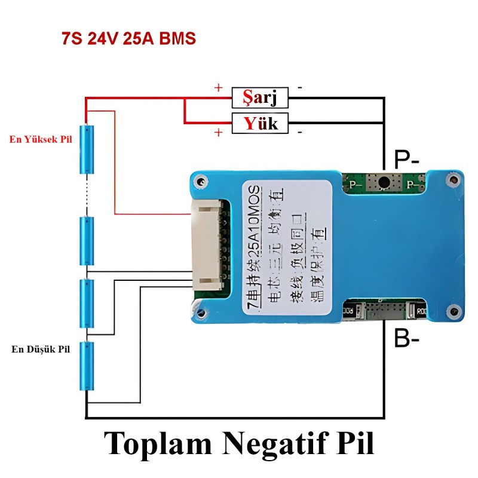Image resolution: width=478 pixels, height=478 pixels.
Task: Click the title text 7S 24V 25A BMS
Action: tap(128, 39)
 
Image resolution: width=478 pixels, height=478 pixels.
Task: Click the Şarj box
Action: tap(260, 96)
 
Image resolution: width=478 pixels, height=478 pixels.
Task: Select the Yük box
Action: tap(260, 124)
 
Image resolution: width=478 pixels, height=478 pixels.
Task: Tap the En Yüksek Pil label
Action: tap(41, 139)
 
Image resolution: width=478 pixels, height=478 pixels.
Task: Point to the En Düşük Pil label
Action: tap(41, 349)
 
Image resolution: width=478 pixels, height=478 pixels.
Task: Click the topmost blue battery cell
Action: tap(87, 149)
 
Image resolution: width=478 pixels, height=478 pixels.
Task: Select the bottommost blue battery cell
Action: tap(87, 366)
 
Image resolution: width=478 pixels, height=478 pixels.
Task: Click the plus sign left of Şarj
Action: tap(219, 87)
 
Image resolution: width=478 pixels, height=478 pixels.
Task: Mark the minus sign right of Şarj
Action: tap(299, 88)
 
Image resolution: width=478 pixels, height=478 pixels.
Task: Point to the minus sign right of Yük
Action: tap(299, 131)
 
